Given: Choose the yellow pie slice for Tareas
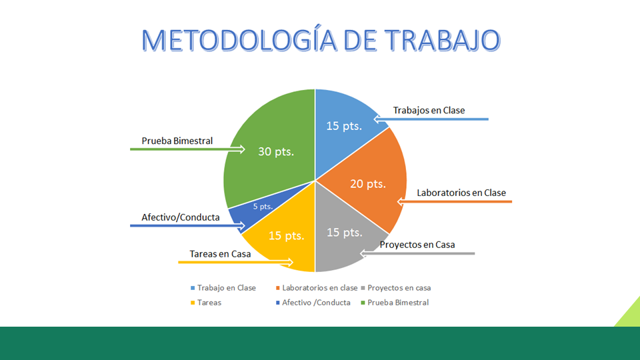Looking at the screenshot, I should (x=283, y=240).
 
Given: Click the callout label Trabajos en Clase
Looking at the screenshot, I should (x=429, y=110).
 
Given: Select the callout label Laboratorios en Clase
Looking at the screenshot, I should (x=461, y=193).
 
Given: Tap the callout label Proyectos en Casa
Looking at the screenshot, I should (x=417, y=245).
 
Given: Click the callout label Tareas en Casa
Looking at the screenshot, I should (x=220, y=254).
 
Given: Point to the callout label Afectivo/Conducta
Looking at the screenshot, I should (x=181, y=217).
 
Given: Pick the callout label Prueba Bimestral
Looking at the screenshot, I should (x=177, y=141).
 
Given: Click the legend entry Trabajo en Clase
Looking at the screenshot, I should (x=226, y=288).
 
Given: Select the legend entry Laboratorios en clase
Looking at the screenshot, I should (x=319, y=288).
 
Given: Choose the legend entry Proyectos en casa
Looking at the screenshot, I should (x=399, y=288).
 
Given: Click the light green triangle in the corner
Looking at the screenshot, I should (x=630, y=315).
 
